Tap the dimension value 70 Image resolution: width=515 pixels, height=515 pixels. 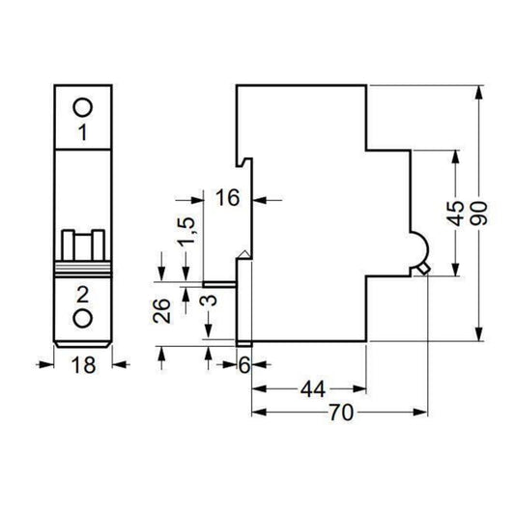[338, 413]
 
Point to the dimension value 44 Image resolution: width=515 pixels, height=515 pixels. [311, 389]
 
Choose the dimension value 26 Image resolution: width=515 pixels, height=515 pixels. [161, 309]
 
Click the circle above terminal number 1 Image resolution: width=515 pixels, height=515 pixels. [84, 106]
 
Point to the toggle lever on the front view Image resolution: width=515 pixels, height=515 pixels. [84, 246]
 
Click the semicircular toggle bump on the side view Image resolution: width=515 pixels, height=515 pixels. [419, 248]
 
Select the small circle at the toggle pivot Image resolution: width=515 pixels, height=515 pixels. [421, 270]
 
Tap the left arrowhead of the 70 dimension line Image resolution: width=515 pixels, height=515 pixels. [256, 413]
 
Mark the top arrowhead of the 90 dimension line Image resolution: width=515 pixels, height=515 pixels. [479, 93]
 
